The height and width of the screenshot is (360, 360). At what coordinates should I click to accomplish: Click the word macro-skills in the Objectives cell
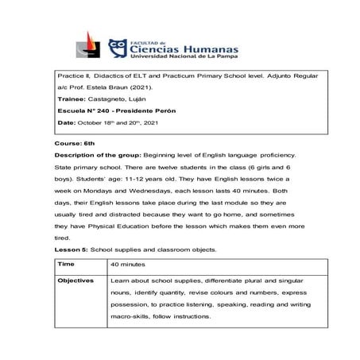pos(133,315)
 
